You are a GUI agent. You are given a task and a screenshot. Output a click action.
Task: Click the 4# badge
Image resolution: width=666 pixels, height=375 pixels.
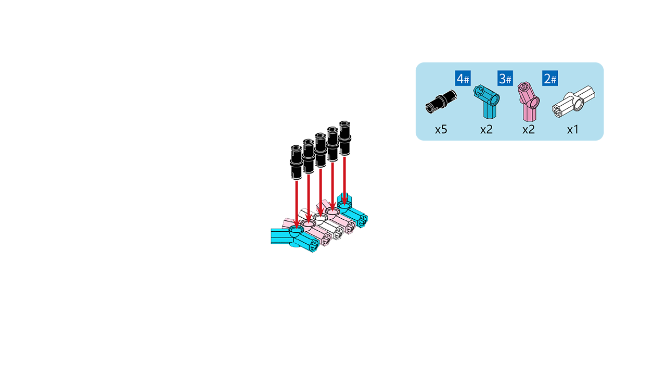463,78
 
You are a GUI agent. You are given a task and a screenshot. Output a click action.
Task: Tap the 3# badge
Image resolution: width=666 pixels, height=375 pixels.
505,78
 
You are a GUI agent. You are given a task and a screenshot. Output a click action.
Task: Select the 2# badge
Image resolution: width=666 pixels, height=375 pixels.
550,78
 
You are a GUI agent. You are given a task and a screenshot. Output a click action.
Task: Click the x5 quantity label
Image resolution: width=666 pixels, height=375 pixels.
441,130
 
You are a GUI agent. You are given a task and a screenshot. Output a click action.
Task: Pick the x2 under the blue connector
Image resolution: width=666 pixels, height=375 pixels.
486,130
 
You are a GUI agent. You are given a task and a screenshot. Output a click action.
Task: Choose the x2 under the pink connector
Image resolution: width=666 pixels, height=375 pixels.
529,130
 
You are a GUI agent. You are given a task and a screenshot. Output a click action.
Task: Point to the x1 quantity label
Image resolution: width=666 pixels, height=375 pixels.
573,130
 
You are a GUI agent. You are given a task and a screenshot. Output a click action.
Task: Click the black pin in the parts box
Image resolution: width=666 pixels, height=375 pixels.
441,102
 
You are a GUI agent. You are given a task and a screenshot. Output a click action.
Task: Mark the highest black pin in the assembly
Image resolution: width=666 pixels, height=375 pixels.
344,138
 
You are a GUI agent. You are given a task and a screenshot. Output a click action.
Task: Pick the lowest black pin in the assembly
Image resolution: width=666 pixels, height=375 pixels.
296,162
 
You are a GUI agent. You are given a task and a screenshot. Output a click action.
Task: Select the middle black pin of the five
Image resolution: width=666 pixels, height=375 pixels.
320,151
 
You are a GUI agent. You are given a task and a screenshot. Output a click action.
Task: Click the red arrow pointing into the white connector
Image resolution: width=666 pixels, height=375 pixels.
320,192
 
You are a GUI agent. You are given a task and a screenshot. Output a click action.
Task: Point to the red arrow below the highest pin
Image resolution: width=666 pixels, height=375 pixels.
344,181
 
